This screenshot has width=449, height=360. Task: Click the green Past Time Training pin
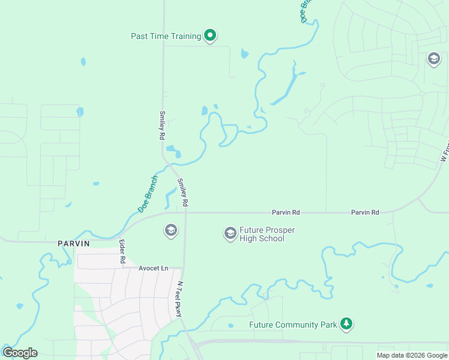point(209,36)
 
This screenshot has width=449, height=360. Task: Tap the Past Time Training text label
point(166,36)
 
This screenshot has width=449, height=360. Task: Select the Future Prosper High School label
point(267,234)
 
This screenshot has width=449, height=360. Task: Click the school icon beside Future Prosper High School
point(230,233)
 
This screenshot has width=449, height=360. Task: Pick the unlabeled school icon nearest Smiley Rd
point(170,230)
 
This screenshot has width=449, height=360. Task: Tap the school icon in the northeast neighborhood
point(433,58)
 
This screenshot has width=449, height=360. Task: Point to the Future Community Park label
point(293,325)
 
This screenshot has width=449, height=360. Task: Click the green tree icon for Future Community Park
point(346,325)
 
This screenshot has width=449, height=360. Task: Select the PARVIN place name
point(73,244)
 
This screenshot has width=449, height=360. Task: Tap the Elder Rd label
point(121,252)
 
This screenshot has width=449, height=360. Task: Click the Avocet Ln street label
point(153,268)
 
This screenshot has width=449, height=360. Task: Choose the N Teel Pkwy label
point(179,295)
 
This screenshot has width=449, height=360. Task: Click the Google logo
point(20,353)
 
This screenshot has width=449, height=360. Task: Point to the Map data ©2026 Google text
point(412,355)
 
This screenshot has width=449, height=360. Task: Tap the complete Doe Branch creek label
point(148,194)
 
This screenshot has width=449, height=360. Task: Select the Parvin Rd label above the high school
point(286,212)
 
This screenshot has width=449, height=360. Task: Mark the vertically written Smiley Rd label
point(162,125)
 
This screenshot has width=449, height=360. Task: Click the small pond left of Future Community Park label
point(231,326)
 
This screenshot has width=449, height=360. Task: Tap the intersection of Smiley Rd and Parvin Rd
point(185,212)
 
